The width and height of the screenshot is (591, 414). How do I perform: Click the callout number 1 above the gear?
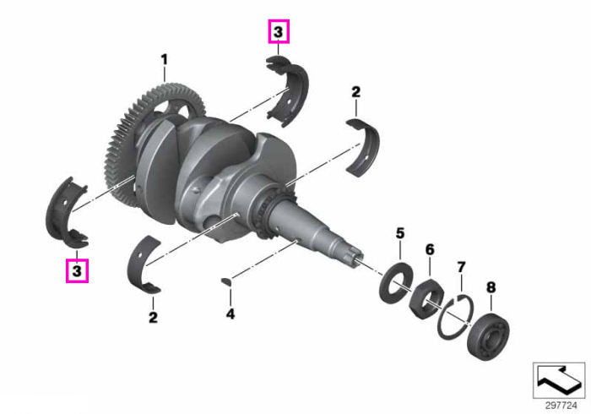[x=164, y=60]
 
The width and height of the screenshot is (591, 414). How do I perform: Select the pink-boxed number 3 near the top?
[x=279, y=31]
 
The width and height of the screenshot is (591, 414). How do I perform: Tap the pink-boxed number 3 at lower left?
[x=77, y=270]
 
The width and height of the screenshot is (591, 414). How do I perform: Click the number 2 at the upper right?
[x=355, y=92]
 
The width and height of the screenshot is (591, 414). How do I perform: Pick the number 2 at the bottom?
[x=153, y=317]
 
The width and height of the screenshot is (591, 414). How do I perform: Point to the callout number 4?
[x=230, y=313]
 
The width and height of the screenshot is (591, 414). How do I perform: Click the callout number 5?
[x=400, y=233]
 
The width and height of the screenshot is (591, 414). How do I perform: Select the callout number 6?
[x=430, y=249]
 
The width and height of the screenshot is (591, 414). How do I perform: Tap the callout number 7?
[x=461, y=267]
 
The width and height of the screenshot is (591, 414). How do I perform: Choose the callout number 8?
[x=491, y=287]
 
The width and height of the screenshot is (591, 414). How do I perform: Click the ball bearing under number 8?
[x=488, y=337]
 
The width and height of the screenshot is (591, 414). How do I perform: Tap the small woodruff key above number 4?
[x=226, y=281]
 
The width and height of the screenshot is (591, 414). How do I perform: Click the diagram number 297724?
[x=561, y=406]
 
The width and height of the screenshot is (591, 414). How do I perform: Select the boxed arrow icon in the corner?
[x=559, y=380]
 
